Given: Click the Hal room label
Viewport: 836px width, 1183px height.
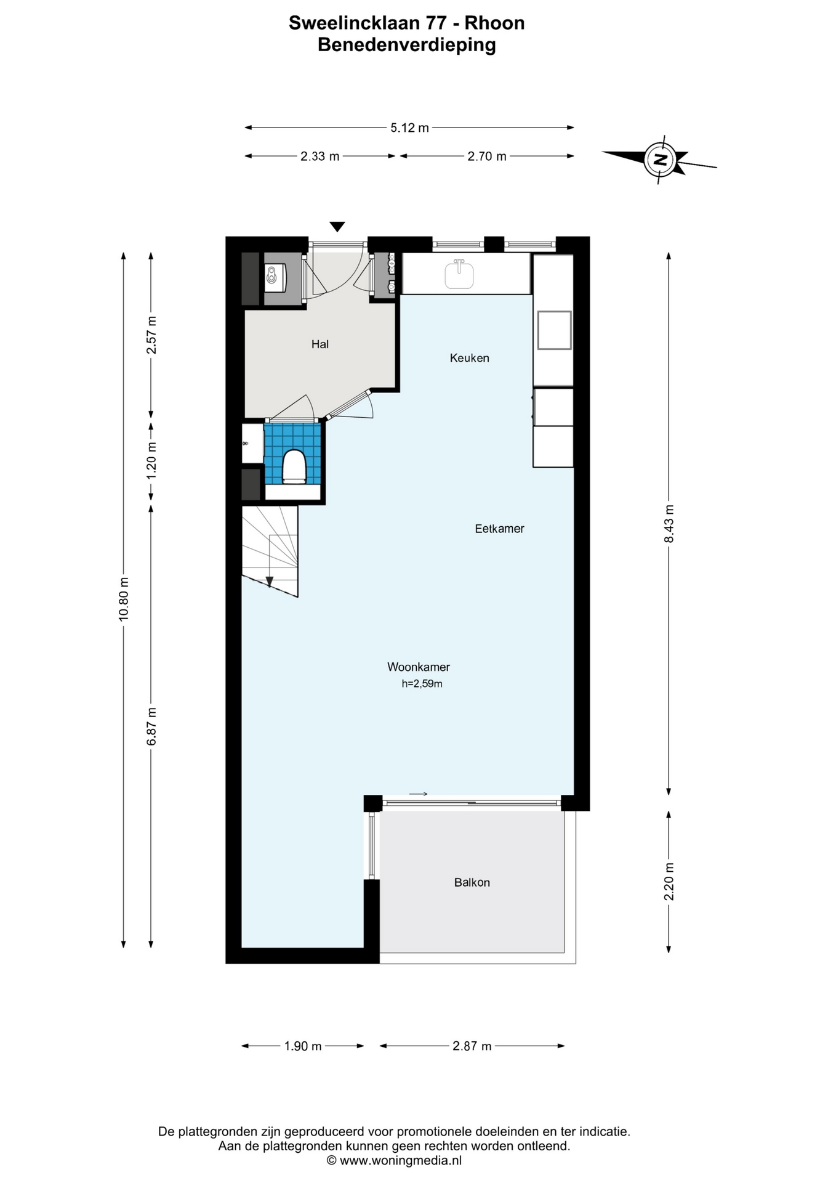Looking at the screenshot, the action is (320, 344).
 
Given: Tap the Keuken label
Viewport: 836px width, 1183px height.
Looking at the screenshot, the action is (469, 358).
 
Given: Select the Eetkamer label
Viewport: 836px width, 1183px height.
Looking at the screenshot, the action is (499, 529).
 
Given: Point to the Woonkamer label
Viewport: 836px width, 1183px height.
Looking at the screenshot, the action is (419, 667).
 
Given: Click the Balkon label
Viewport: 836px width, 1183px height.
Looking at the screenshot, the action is (472, 882).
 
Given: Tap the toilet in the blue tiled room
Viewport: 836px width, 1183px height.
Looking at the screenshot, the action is (294, 466).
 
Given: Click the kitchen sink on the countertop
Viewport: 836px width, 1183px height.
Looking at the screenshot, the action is (459, 274).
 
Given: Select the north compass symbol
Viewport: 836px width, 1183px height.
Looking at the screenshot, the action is (659, 159).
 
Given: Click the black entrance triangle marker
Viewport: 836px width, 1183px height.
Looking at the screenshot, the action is (337, 227).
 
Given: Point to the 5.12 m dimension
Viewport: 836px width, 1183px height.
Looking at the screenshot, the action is (409, 128).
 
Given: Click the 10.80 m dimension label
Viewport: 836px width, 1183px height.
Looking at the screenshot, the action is (124, 599).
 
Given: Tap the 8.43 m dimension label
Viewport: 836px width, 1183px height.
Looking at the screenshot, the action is (669, 524).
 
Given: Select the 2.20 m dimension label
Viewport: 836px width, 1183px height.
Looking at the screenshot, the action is (669, 882).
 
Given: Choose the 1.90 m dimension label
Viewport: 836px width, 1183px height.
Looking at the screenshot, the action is (303, 1046).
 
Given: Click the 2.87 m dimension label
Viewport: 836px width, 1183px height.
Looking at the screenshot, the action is (472, 1046).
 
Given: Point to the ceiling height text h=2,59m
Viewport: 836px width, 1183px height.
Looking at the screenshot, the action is (422, 683).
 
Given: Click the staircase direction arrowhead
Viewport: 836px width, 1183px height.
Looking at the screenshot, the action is (269, 582).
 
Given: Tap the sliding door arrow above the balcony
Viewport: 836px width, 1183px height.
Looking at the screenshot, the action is (418, 794).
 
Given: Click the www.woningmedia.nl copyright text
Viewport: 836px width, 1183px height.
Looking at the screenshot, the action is (394, 1161).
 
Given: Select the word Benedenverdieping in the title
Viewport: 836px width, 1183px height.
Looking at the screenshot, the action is (407, 45).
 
